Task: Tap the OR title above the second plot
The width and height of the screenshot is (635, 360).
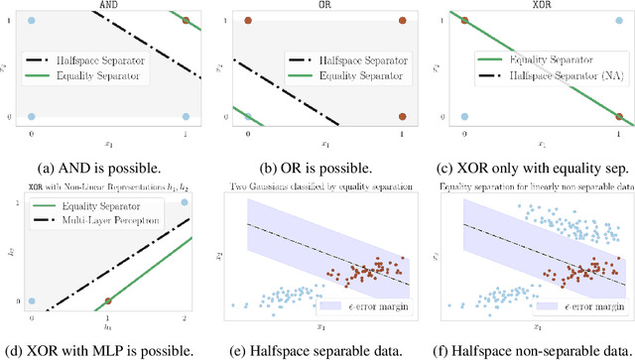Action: (x=319, y=5)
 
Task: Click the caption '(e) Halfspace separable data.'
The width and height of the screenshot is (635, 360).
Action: (x=319, y=349)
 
